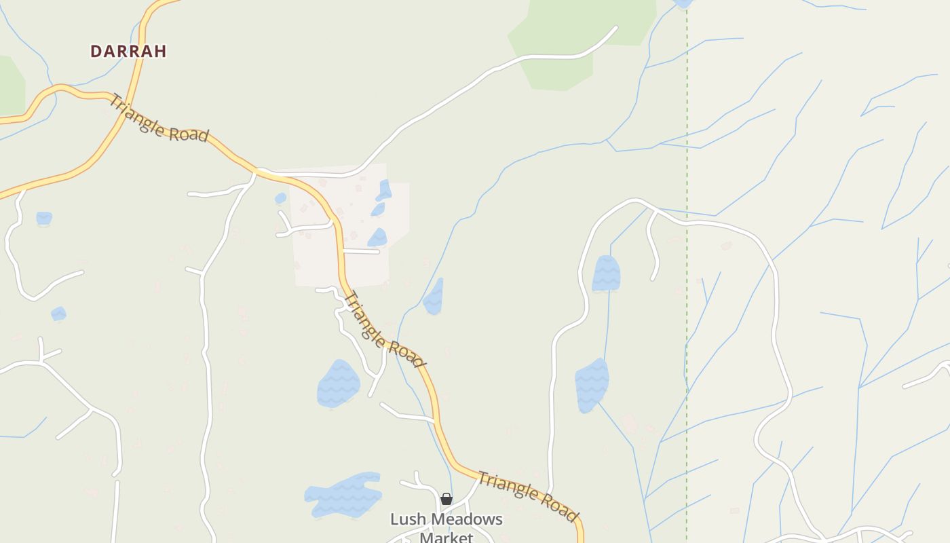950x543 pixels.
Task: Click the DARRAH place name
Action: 128,51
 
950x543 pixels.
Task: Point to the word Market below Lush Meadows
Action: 446,538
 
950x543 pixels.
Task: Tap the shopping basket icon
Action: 446,499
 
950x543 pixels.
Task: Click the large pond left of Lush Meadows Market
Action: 343,494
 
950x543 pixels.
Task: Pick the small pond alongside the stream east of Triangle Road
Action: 434,297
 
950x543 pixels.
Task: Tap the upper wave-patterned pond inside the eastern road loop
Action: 605,274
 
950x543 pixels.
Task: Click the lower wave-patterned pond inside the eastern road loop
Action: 592,384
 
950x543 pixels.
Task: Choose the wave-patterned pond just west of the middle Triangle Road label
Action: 338,383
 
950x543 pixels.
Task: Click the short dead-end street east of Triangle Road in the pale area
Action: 362,251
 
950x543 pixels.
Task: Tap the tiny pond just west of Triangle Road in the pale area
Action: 280,198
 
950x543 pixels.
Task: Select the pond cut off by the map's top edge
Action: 683,3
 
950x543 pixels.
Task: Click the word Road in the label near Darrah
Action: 188,133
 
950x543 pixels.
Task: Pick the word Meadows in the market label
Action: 465,519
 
